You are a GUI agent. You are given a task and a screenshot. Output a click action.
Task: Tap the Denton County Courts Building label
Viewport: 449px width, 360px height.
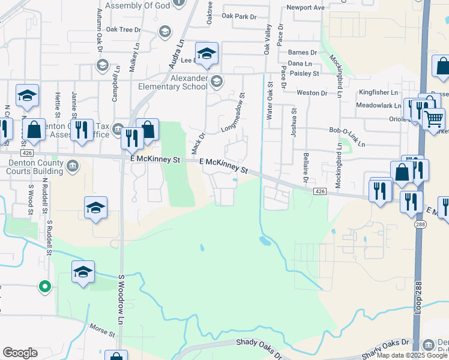tap(32, 167)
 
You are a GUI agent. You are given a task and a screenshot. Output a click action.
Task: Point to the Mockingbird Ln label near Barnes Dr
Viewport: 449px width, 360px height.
tap(338, 76)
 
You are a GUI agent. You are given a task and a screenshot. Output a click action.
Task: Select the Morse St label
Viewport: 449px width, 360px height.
tap(101, 330)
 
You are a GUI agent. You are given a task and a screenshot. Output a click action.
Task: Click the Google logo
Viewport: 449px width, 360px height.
tap(20, 353)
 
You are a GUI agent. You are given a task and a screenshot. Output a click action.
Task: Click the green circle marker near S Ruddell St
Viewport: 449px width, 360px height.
tap(44, 287)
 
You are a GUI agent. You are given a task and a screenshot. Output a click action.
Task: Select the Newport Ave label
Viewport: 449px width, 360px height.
tap(306, 7)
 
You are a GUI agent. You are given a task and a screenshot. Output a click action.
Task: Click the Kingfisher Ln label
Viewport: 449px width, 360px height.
tap(379, 92)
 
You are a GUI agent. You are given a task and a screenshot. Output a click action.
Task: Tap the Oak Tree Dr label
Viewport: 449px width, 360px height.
tap(123, 29)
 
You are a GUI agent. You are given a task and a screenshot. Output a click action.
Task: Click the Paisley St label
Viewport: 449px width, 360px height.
tap(304, 73)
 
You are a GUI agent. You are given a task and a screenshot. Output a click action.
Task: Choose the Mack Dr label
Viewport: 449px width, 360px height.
tap(197, 143)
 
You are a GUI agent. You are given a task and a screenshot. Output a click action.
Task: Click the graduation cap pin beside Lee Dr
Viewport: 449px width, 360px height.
tap(206, 55)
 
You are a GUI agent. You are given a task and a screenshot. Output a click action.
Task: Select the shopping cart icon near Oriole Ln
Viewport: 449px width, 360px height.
tap(433, 118)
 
